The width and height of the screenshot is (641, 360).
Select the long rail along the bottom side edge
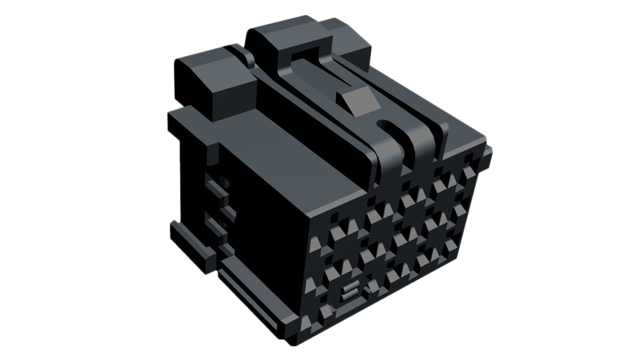pos(257,293)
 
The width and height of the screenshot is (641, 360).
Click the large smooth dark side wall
pos(266,226)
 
